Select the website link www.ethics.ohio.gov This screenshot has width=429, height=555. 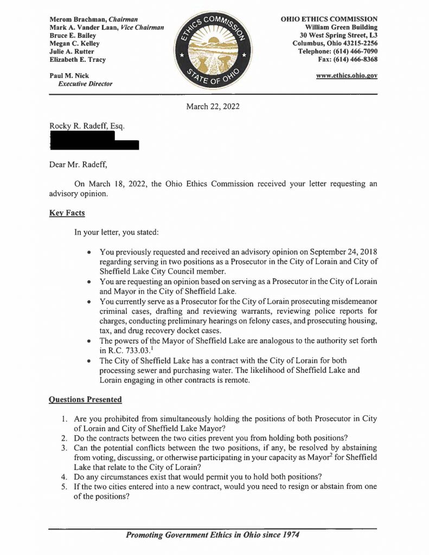pos(347,76)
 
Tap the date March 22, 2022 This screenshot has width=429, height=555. pos(213,106)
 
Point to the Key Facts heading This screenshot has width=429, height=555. pos(67,213)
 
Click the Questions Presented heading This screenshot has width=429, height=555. pos(85,399)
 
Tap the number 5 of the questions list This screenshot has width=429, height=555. pos(63,486)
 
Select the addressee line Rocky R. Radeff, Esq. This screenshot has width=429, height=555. pos(87,126)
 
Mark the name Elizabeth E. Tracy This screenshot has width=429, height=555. pos(77,60)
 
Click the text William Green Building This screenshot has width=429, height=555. pos(341,27)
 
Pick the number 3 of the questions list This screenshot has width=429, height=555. pos(63,447)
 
